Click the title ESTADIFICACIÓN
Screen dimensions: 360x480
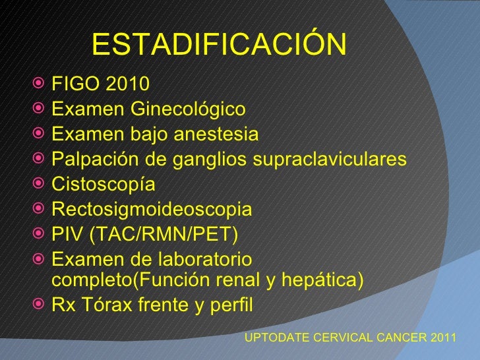[x=219, y=45]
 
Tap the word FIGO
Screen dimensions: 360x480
[x=71, y=85]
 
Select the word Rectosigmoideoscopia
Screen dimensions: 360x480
[x=152, y=210]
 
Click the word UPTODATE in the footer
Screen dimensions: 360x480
[x=276, y=337]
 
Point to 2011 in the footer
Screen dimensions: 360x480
[x=443, y=337]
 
